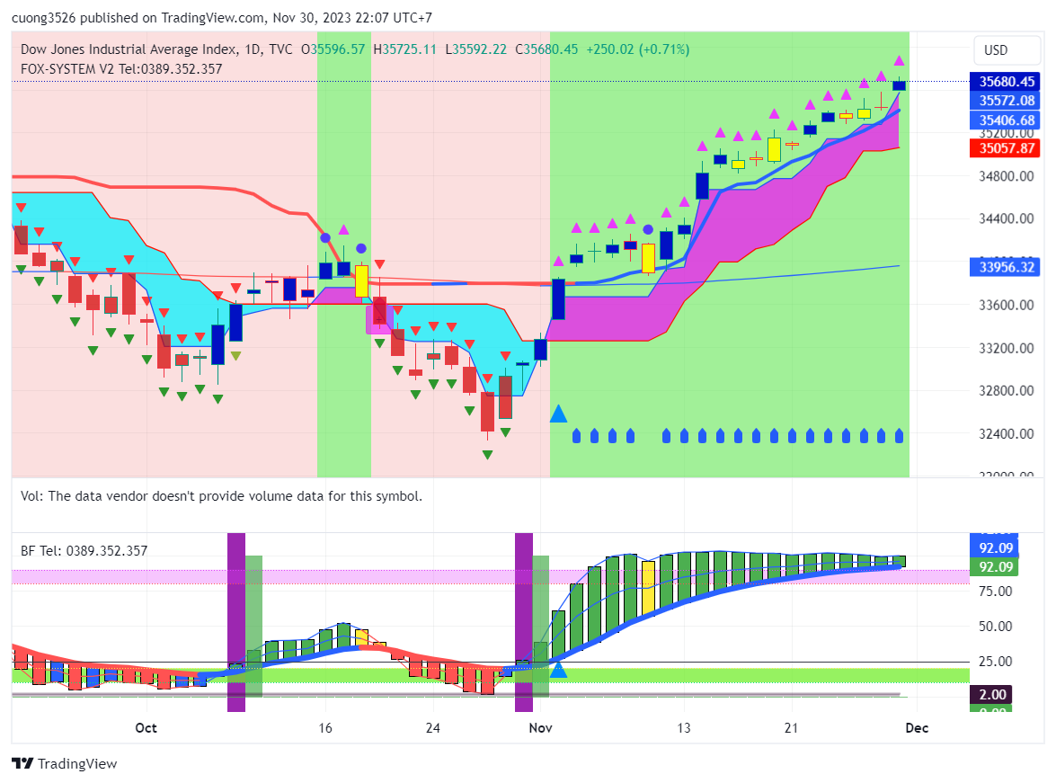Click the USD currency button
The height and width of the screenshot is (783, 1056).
996,50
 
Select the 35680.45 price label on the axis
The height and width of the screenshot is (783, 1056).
1007,82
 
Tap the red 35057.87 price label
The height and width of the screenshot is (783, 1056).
1007,148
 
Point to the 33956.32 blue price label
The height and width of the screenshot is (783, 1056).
1007,267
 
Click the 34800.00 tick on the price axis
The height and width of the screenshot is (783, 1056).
1007,176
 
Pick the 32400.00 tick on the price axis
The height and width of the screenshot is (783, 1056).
1007,434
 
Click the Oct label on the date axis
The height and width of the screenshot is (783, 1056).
146,727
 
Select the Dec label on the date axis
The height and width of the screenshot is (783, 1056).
916,727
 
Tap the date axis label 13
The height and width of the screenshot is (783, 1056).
685,727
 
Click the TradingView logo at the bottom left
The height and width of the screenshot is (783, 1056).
65,764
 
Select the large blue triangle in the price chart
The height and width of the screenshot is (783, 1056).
558,414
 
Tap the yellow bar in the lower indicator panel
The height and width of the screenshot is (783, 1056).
648,589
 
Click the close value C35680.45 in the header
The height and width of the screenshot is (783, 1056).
546,49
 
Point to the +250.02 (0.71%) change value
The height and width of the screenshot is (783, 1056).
638,49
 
